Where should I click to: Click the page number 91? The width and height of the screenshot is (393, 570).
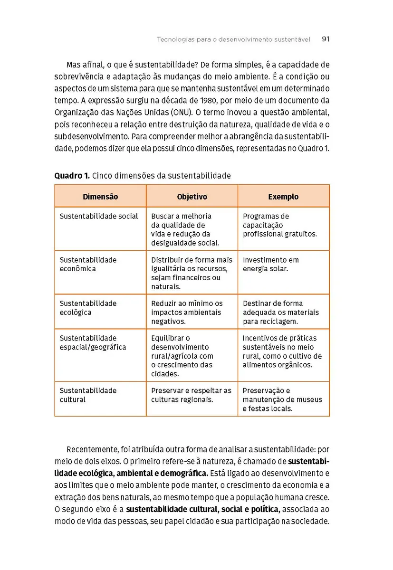pyautogui.click(x=326, y=39)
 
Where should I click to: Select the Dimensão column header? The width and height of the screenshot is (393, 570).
pyautogui.click(x=100, y=197)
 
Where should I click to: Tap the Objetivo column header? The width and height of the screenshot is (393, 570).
pyautogui.click(x=192, y=197)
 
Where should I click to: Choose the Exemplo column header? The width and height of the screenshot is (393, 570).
pyautogui.click(x=283, y=197)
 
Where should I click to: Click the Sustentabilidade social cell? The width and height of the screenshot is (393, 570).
pyautogui.click(x=99, y=217)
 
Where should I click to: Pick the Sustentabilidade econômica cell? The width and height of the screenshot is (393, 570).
pyautogui.click(x=88, y=265)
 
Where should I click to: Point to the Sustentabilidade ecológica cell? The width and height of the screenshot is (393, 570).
pyautogui.click(x=88, y=308)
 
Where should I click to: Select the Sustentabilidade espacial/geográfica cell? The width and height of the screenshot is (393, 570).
pyautogui.click(x=93, y=342)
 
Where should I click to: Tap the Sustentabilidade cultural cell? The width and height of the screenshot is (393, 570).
pyautogui.click(x=88, y=395)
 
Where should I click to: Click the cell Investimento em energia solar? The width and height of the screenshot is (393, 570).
pyautogui.click(x=271, y=265)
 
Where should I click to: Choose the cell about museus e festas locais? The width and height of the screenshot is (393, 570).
pyautogui.click(x=282, y=399)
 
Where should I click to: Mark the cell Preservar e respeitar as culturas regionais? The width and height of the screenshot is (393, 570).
pyautogui.click(x=191, y=395)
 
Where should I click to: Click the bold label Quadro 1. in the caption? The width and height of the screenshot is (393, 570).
pyautogui.click(x=72, y=176)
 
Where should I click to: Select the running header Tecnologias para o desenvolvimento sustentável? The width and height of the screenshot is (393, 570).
pyautogui.click(x=233, y=39)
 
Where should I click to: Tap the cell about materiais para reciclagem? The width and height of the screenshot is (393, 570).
pyautogui.click(x=280, y=312)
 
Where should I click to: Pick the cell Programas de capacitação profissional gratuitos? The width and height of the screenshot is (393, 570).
pyautogui.click(x=279, y=225)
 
